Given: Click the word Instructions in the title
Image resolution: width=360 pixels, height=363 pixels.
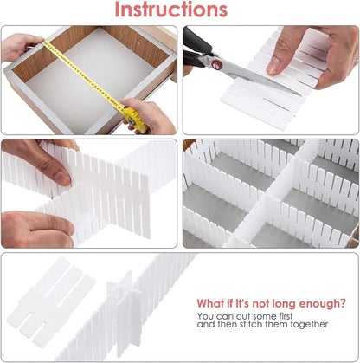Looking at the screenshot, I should tap(180, 10).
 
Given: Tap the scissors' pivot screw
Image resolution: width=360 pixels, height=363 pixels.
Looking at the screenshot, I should tap(219, 63).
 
